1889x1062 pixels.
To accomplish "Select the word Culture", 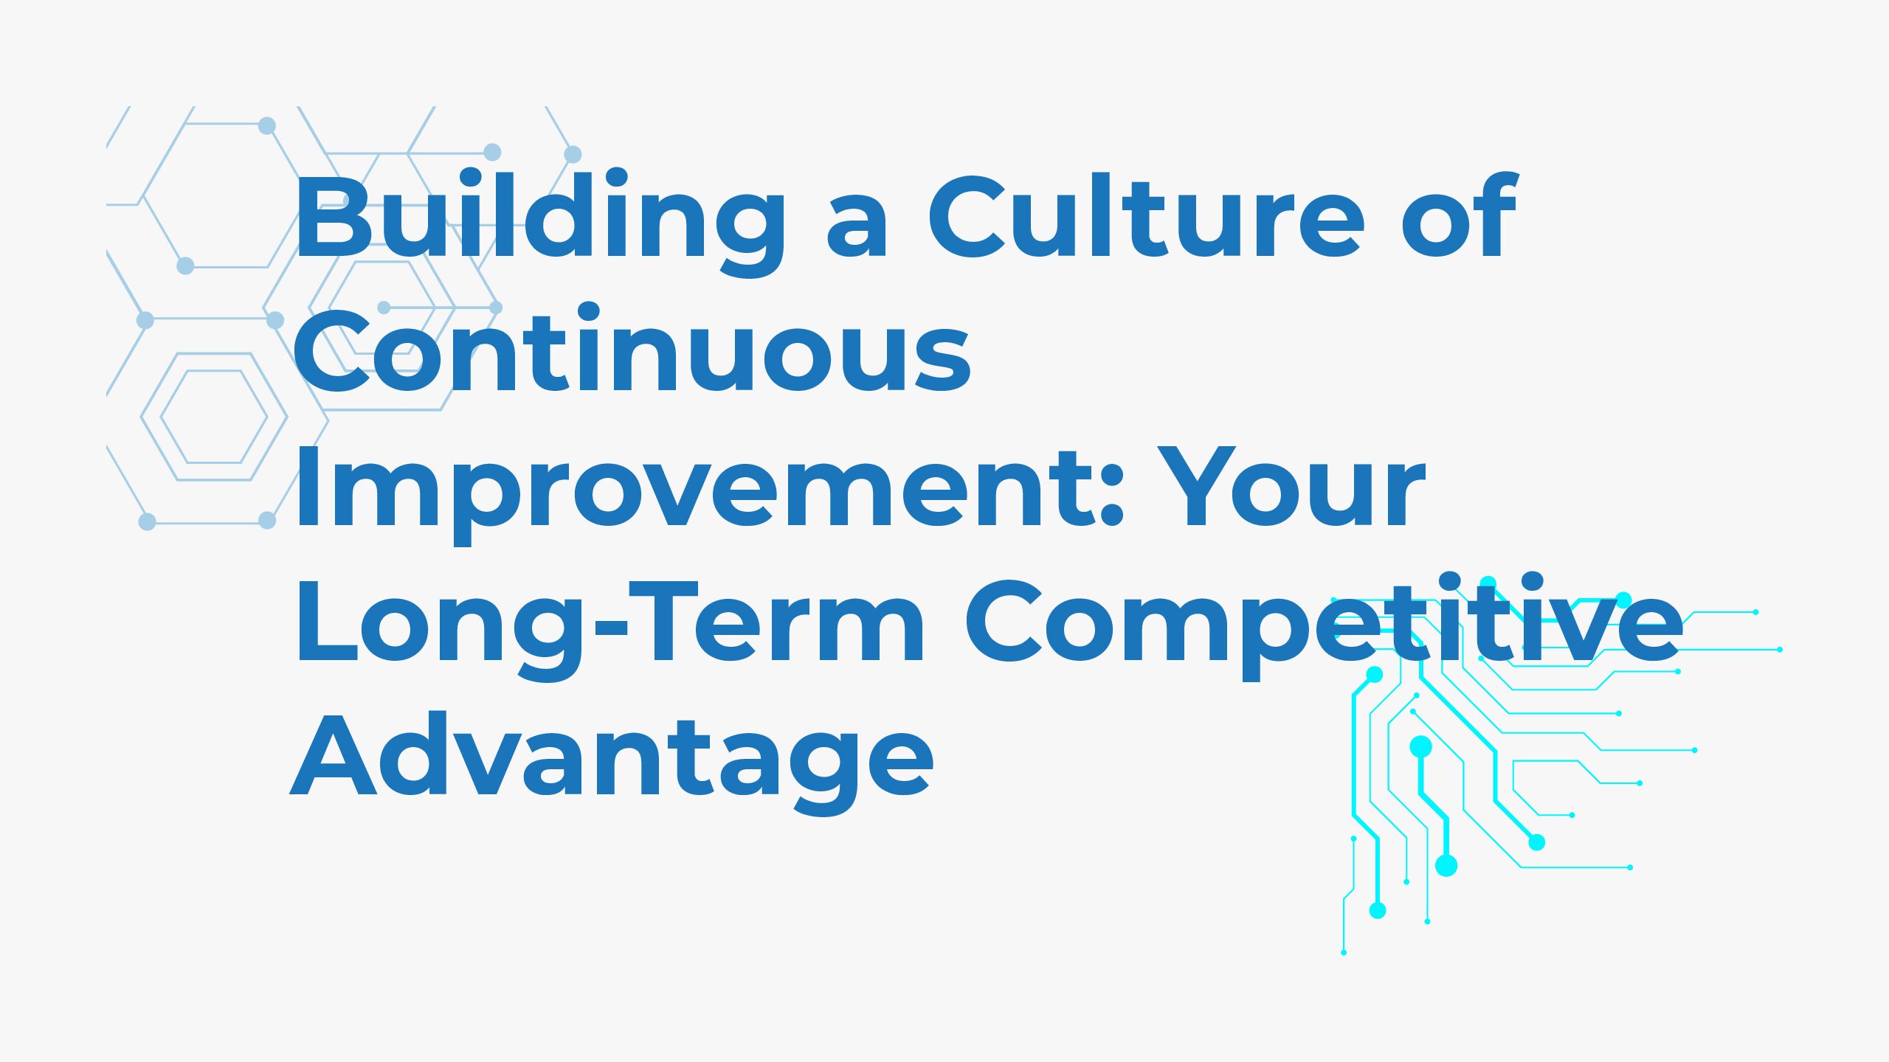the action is pyautogui.click(x=1147, y=215).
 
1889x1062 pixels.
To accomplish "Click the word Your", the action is pyautogui.click(x=1291, y=487).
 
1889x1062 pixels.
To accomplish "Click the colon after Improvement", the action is pyautogui.click(x=1111, y=495).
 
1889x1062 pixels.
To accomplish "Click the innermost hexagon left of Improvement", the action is pyautogui.click(x=214, y=417).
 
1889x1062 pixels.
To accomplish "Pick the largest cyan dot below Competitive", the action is pyautogui.click(x=1446, y=865).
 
